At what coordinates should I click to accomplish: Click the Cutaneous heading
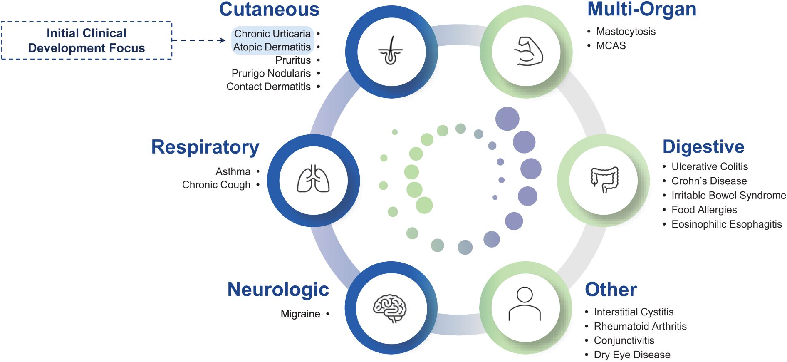(269, 9)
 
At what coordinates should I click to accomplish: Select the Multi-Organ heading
(641, 9)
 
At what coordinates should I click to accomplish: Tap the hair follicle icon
(390, 52)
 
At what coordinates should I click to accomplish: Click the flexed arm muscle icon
(527, 52)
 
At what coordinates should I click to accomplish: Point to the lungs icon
(313, 180)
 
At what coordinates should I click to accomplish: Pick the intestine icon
(604, 180)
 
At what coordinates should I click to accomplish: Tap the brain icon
(390, 308)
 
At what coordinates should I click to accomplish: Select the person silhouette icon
(525, 304)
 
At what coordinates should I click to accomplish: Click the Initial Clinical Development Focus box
(87, 40)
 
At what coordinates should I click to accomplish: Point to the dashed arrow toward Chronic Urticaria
(199, 40)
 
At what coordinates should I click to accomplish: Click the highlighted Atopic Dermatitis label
(272, 47)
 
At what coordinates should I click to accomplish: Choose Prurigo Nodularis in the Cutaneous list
(271, 73)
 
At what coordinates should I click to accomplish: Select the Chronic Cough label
(216, 185)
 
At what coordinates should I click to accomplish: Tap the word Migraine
(300, 314)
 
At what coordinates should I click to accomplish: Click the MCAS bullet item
(611, 45)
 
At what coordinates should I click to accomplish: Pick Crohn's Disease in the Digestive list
(709, 181)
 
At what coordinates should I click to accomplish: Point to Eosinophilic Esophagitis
(726, 224)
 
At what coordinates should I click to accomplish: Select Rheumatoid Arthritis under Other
(640, 326)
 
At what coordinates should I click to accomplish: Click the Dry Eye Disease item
(632, 355)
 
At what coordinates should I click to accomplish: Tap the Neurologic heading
(278, 290)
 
